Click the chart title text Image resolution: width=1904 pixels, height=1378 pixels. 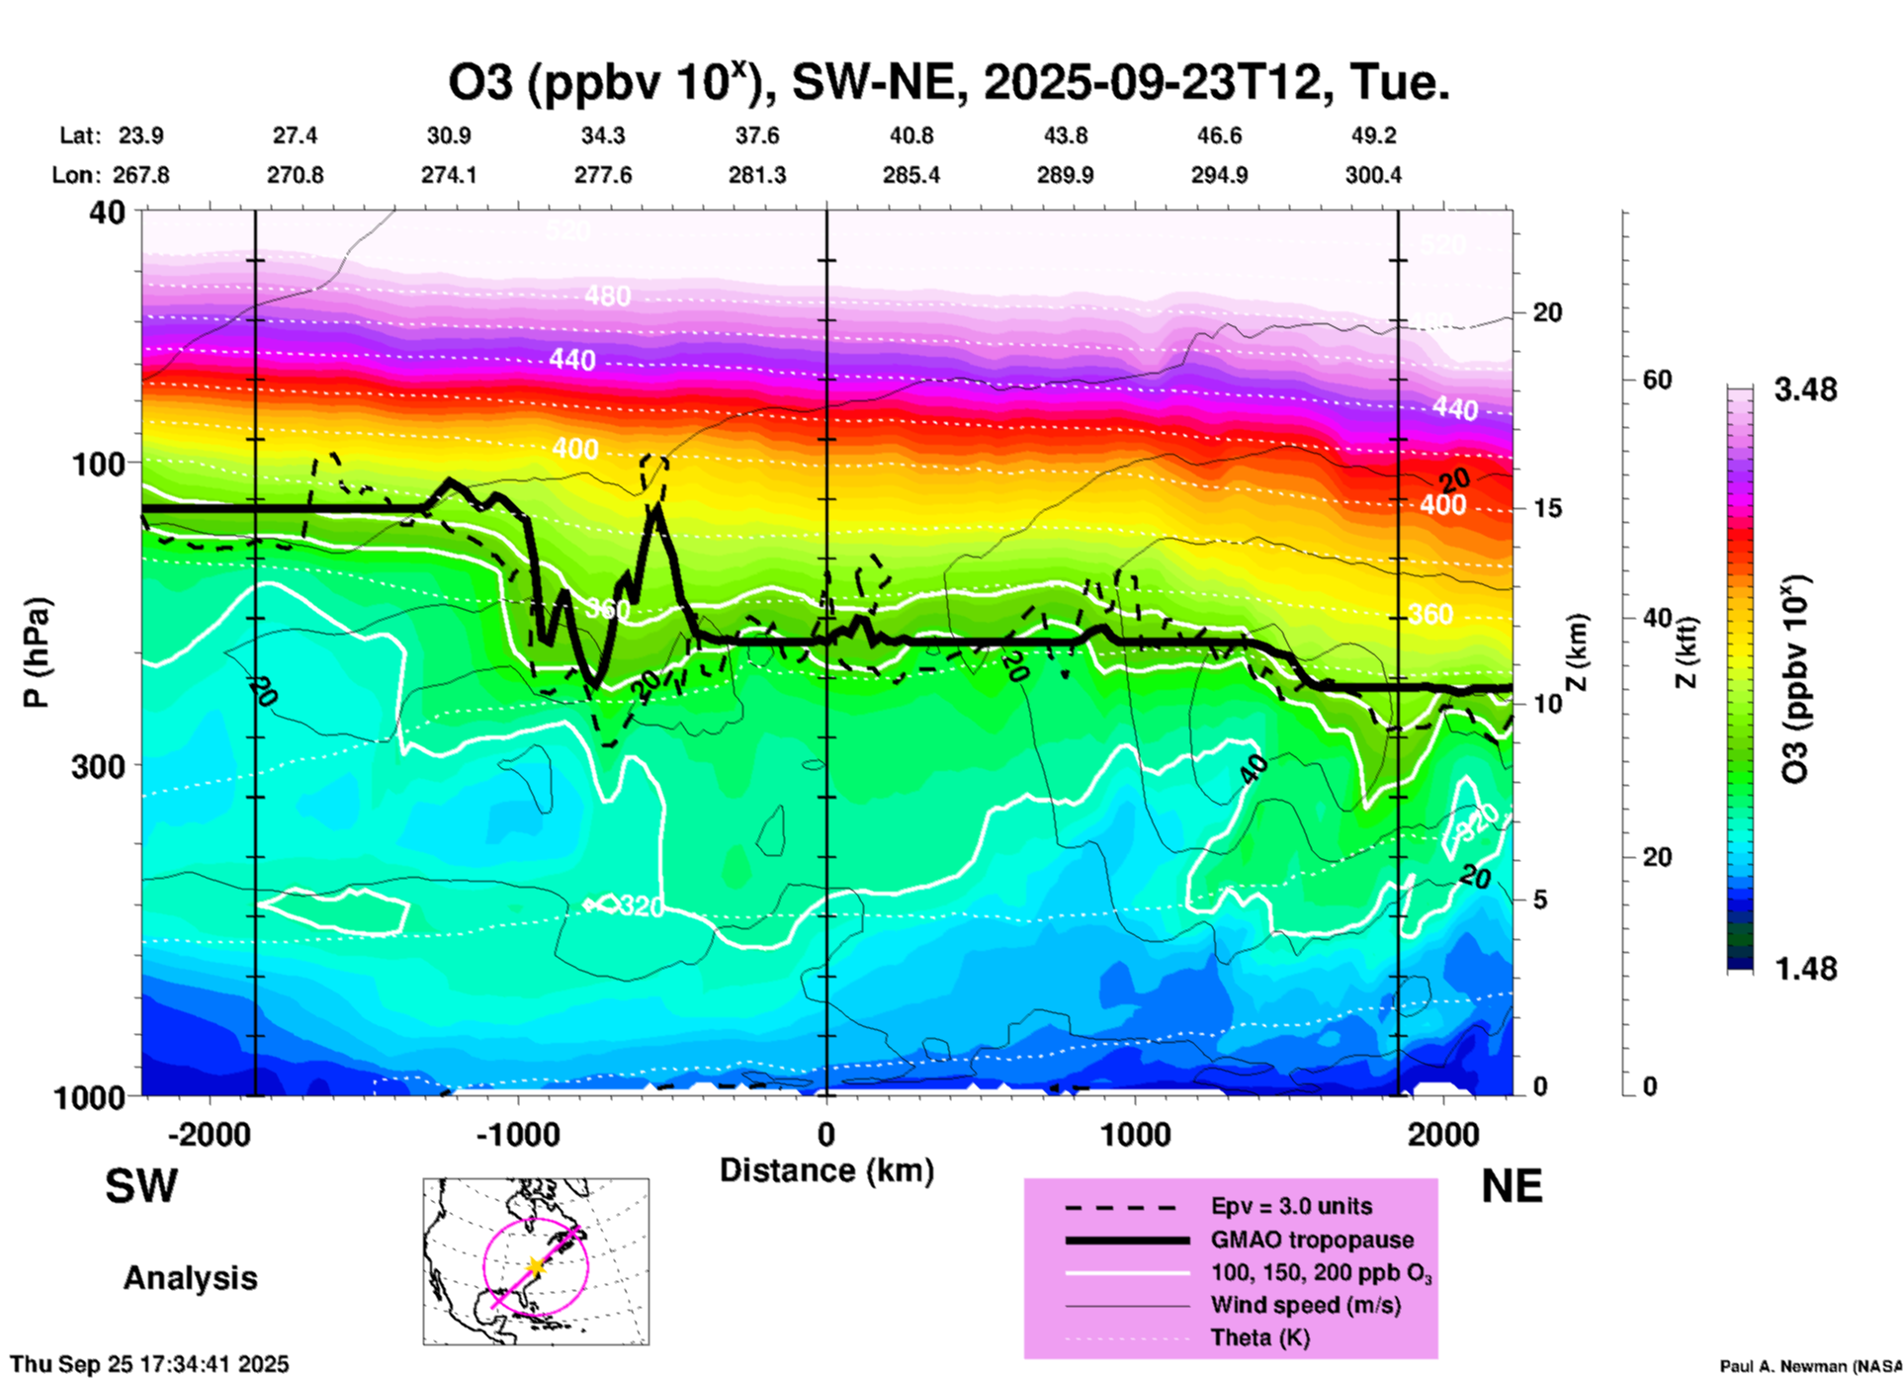pyautogui.click(x=949, y=83)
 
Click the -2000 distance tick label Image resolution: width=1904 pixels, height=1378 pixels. pyautogui.click(x=209, y=1134)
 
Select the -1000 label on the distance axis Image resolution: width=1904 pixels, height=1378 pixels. pyautogui.click(x=518, y=1134)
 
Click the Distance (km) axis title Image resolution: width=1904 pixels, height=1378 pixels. pyautogui.click(x=826, y=1170)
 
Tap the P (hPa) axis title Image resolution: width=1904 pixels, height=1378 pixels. pyautogui.click(x=37, y=652)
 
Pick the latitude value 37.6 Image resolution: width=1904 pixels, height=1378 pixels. pyautogui.click(x=757, y=135)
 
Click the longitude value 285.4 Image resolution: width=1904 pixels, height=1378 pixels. pyautogui.click(x=911, y=175)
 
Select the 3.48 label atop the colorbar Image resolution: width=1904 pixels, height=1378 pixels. pyautogui.click(x=1805, y=390)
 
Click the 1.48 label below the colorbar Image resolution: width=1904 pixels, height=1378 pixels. pyautogui.click(x=1805, y=969)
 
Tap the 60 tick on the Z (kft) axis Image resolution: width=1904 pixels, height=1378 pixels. pyautogui.click(x=1657, y=380)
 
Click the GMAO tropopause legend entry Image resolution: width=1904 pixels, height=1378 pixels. pyautogui.click(x=1312, y=1240)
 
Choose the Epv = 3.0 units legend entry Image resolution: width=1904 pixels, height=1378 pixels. pyautogui.click(x=1291, y=1207)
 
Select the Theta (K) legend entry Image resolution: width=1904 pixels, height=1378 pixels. pyautogui.click(x=1259, y=1337)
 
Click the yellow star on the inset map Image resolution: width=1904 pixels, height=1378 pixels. pyautogui.click(x=536, y=1265)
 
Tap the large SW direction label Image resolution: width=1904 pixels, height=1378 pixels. pyautogui.click(x=141, y=1186)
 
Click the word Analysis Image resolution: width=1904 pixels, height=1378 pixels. pyautogui.click(x=190, y=1278)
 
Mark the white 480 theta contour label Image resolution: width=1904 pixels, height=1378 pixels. pyautogui.click(x=607, y=296)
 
